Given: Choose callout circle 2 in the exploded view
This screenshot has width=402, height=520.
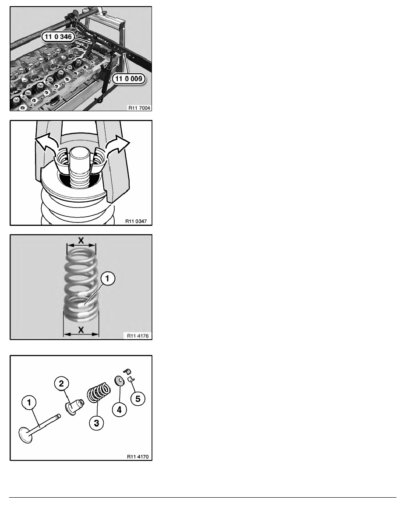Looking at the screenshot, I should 62,384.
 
